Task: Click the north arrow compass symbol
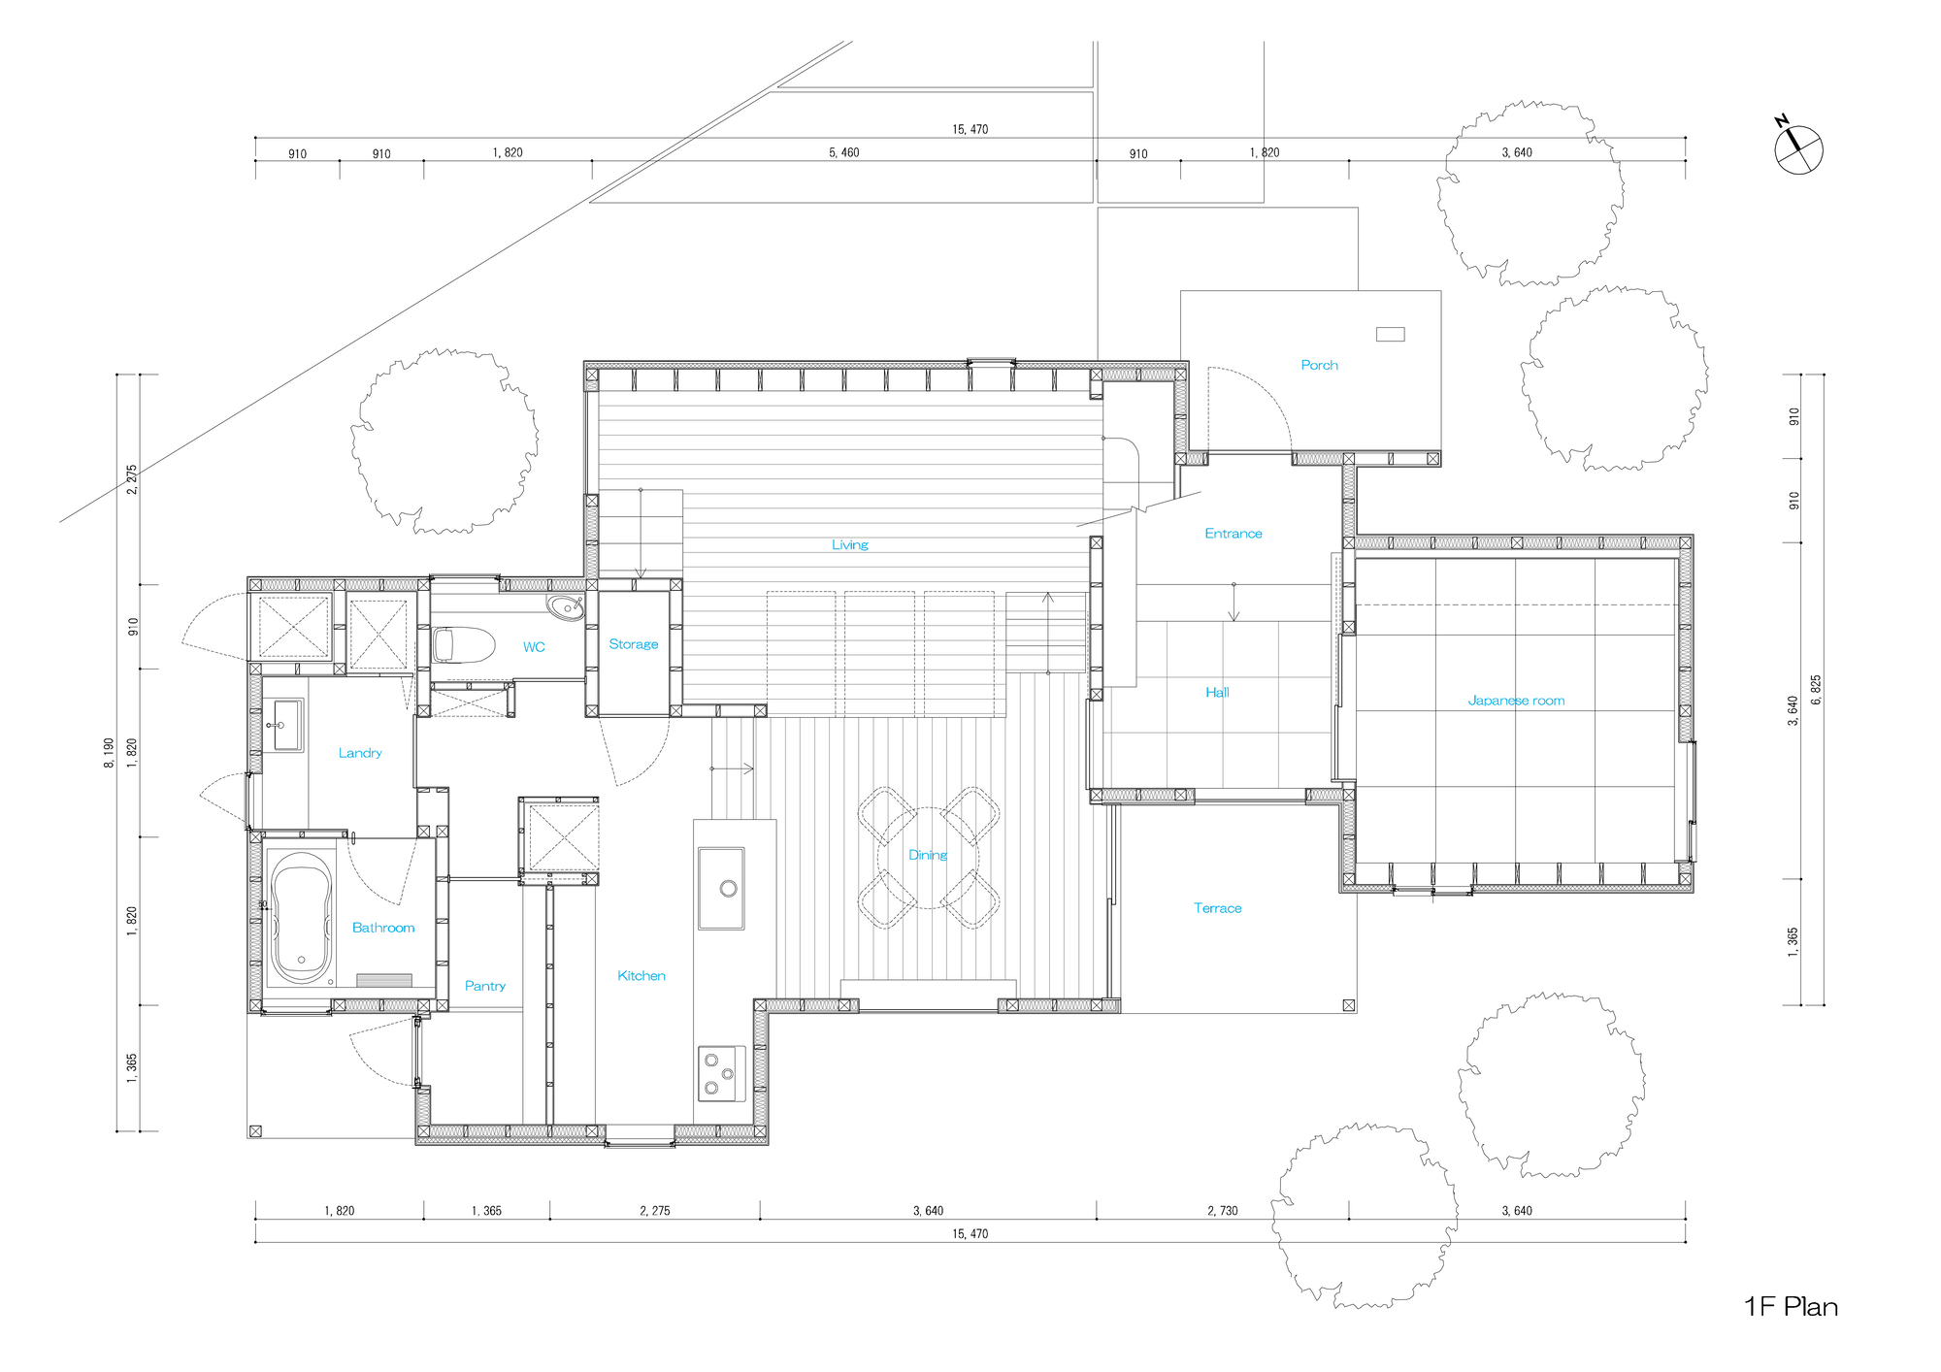(1798, 149)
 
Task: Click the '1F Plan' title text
(1791, 1306)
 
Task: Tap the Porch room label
(1319, 365)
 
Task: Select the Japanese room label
(1515, 700)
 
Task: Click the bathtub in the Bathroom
(301, 918)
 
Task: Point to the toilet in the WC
(463, 645)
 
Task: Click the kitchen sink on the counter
(720, 888)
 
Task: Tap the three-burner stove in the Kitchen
(720, 1073)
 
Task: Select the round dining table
(928, 857)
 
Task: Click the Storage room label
(633, 643)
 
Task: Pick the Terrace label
(1217, 908)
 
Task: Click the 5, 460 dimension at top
(843, 152)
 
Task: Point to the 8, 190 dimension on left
(109, 753)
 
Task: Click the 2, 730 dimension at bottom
(1222, 1210)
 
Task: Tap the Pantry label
(484, 986)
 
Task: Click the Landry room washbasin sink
(285, 726)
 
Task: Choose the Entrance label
(1233, 533)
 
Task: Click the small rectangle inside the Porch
(1390, 334)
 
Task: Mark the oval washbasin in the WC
(564, 607)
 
